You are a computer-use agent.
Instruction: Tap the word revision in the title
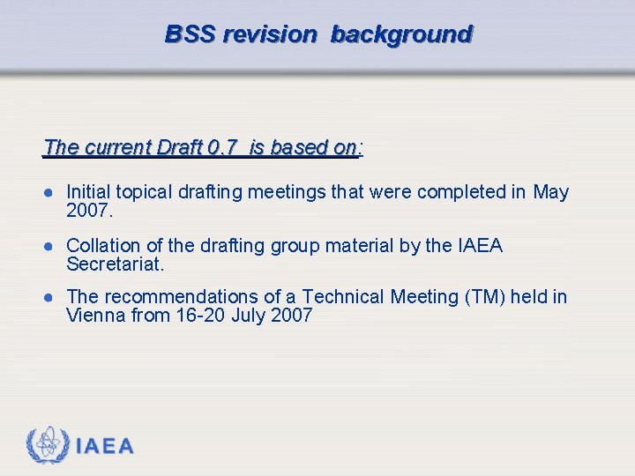pos(270,34)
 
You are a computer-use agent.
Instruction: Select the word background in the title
pos(402,34)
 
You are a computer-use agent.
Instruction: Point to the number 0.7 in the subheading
pos(220,147)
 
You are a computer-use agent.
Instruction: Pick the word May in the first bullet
pos(551,192)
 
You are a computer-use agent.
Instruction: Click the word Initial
pos(89,192)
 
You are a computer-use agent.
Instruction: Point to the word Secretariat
pos(116,264)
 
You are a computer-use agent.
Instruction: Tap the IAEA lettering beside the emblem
pos(105,446)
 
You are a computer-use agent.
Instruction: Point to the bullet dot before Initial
pos(53,192)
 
